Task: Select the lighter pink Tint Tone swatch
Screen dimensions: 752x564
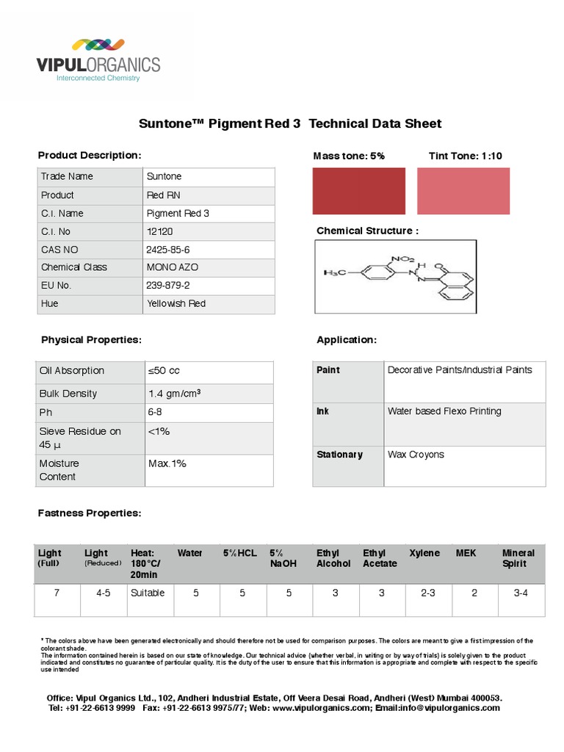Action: (463, 191)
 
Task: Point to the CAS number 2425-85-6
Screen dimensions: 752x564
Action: (168, 250)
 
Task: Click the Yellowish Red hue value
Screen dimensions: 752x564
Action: (176, 303)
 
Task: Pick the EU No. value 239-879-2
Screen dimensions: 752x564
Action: (168, 285)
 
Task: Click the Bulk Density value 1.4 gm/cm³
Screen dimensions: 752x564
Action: (175, 394)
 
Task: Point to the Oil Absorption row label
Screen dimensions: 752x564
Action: (72, 371)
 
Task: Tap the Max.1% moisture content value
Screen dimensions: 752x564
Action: (167, 463)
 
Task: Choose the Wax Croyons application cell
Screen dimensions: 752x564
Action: (416, 455)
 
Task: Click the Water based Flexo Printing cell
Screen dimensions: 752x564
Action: (444, 411)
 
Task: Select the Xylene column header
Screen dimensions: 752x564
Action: (424, 553)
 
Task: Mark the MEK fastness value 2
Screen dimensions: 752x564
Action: (474, 593)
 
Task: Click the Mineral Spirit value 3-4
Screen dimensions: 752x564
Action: (521, 593)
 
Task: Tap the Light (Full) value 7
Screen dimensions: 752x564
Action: (57, 593)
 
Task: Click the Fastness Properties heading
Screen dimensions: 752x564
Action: (90, 513)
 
